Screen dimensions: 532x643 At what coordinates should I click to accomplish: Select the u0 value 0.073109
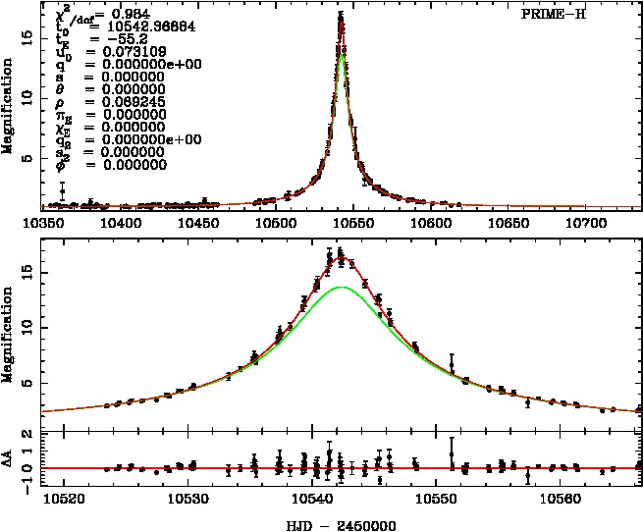click(122, 51)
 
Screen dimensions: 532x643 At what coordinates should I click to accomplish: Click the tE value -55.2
click(108, 38)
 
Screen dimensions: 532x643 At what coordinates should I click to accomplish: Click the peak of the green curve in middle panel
click(341, 287)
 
